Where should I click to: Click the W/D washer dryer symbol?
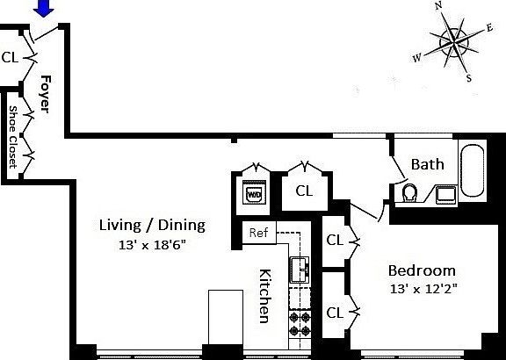tap(254, 192)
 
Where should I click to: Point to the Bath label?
tap(428, 164)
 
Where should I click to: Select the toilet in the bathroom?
tap(409, 192)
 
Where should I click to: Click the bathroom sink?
tap(445, 193)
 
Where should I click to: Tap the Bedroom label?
tap(423, 270)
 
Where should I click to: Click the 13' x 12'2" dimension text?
tap(423, 288)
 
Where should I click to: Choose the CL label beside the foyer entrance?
tap(11, 58)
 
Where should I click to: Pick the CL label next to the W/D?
tap(304, 191)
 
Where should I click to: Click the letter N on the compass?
tap(438, 7)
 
